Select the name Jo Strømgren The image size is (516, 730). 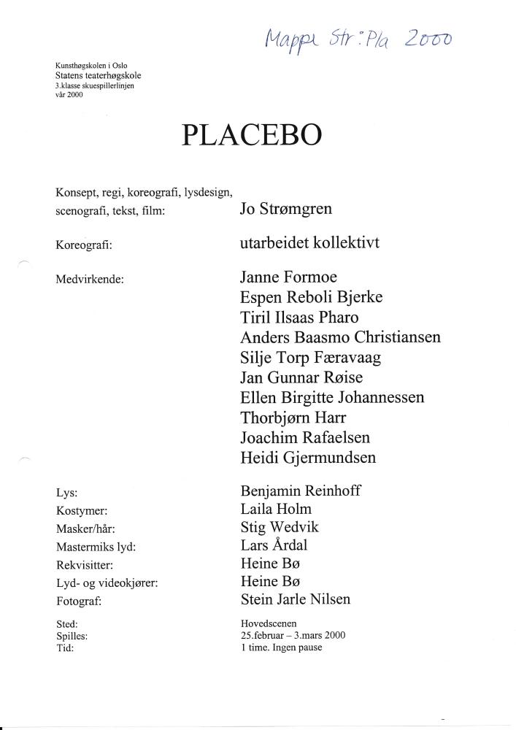click(285, 210)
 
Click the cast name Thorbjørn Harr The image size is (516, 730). click(293, 418)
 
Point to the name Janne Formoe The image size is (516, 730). click(288, 277)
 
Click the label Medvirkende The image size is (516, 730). click(90, 279)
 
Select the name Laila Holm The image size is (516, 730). click(275, 509)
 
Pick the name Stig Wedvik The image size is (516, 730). click(279, 527)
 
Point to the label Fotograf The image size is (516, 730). click(78, 602)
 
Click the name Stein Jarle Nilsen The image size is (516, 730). click(295, 600)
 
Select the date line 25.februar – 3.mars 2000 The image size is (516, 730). click(293, 635)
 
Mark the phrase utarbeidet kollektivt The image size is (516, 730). click(309, 243)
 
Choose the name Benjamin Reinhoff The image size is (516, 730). click(299, 491)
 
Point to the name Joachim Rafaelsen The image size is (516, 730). click(304, 438)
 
